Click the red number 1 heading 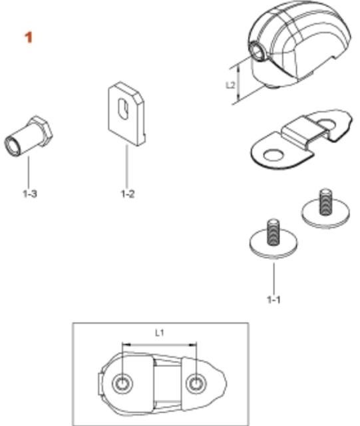click(29, 37)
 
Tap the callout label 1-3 click(30, 194)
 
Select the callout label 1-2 click(127, 194)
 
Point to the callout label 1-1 click(273, 300)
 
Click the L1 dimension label click(160, 333)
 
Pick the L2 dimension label click(230, 85)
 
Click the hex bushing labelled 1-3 click(28, 136)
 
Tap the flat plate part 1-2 click(126, 114)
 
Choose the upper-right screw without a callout click(325, 208)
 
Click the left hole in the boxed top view click(122, 383)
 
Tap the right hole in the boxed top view click(196, 383)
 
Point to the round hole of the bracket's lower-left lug click(273, 156)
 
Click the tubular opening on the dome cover click(256, 51)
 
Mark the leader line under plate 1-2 click(126, 167)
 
